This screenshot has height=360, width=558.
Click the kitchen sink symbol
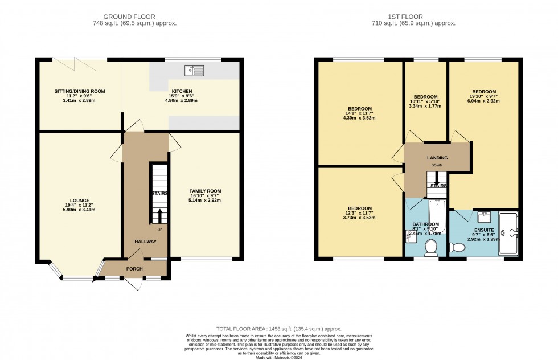click(x=194, y=70)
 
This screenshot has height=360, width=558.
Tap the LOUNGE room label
click(x=80, y=200)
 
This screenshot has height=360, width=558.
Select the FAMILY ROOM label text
click(x=205, y=191)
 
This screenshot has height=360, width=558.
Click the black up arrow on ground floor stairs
click(x=159, y=216)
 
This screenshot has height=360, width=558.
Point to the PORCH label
click(x=135, y=269)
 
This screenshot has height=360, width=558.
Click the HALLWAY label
click(x=145, y=242)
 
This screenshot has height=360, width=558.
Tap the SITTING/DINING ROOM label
click(x=80, y=91)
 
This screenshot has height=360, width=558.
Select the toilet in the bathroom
click(x=432, y=247)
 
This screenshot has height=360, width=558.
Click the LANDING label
click(x=437, y=158)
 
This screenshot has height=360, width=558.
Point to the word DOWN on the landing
click(x=437, y=165)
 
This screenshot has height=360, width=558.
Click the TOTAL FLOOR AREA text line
click(x=278, y=329)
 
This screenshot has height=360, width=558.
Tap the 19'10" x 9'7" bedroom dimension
click(x=483, y=97)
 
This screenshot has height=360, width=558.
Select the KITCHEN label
click(x=182, y=91)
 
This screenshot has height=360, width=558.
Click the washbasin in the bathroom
click(x=412, y=238)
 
